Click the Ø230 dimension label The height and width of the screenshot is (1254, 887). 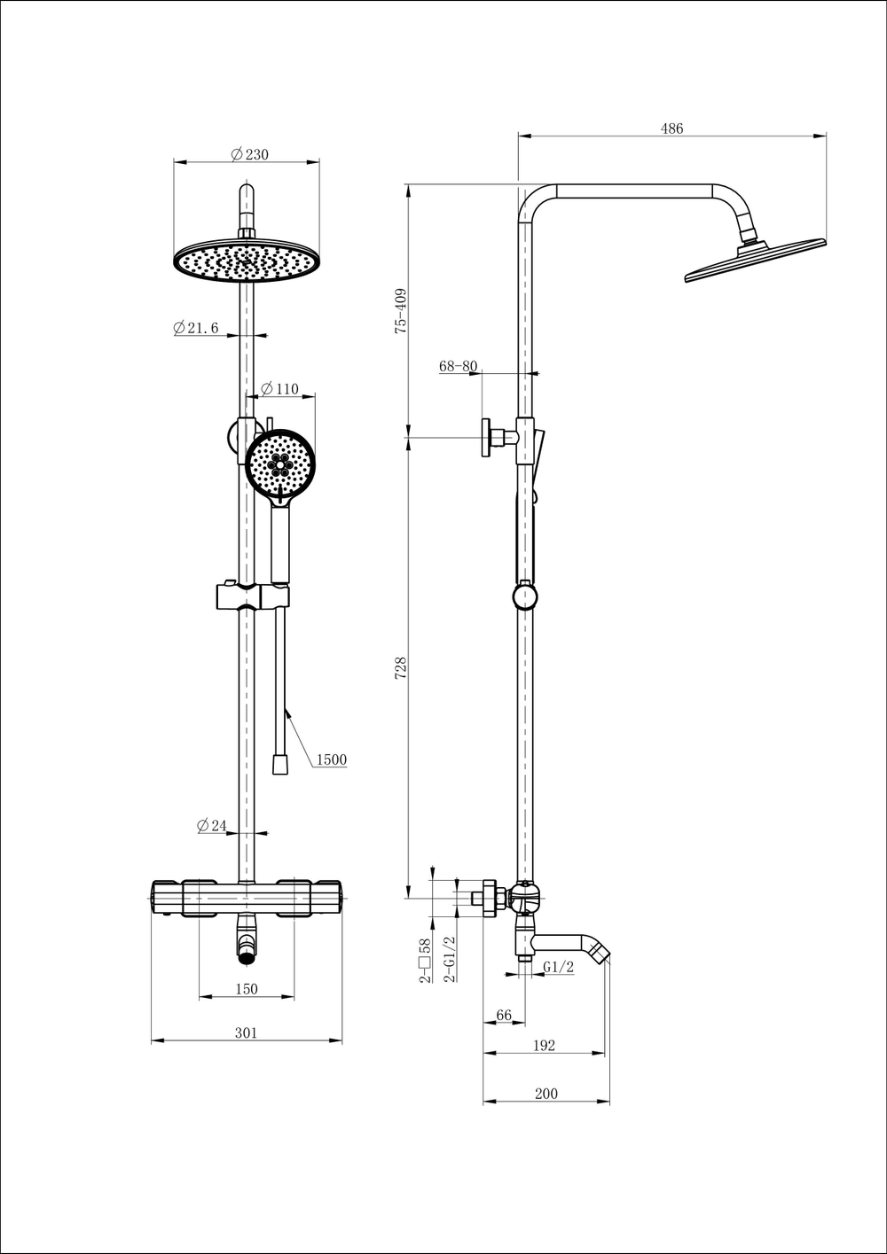[x=249, y=154]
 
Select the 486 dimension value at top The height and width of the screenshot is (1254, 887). [x=671, y=129]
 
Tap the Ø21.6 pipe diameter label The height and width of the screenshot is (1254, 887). [x=196, y=328]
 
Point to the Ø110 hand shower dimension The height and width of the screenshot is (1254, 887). [x=279, y=389]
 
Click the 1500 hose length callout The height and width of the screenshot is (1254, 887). [x=332, y=759]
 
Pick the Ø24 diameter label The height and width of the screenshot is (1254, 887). [x=212, y=826]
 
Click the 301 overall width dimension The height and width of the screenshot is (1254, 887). [x=246, y=1032]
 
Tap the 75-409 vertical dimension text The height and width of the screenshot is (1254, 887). [x=401, y=309]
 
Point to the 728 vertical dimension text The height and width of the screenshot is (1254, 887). [x=401, y=667]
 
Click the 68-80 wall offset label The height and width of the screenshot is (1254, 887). [x=458, y=366]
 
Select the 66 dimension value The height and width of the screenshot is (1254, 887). [x=504, y=1016]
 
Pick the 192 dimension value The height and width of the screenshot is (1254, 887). [x=544, y=1046]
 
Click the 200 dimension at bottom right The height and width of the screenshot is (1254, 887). [x=546, y=1094]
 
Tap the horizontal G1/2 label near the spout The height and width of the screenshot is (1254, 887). [x=559, y=967]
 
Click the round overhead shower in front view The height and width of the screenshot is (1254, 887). [x=246, y=262]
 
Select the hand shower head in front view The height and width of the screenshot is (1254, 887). [x=280, y=464]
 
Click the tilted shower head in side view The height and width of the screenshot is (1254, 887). [x=754, y=261]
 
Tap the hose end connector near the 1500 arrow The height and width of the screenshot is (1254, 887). [x=280, y=764]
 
